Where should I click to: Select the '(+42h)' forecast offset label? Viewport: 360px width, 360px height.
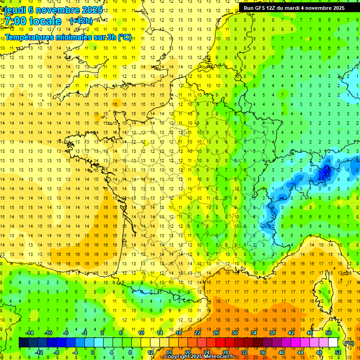(81, 21)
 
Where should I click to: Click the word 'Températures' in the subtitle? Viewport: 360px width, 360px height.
(31, 37)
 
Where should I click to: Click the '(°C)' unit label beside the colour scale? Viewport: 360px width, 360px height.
(349, 343)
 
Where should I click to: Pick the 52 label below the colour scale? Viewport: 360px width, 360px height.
(337, 352)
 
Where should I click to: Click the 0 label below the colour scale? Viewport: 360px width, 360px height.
(93, 352)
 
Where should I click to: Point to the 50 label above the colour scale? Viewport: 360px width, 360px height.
(329, 333)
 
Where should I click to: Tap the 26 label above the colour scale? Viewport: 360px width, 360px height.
(216, 333)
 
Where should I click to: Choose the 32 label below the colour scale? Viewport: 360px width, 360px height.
(244, 352)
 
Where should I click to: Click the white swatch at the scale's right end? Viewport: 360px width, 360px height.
(333, 343)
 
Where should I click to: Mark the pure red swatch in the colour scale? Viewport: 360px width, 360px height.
(221, 343)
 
